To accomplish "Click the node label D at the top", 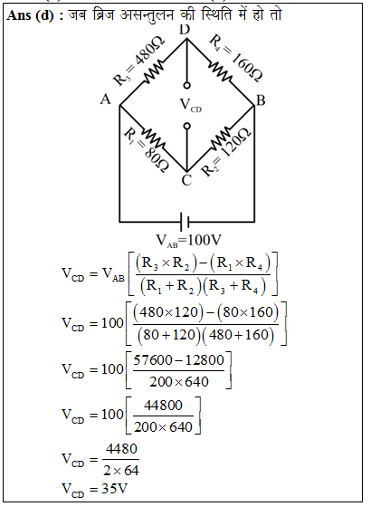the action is coord(185,30).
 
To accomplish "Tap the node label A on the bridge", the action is coord(105,99).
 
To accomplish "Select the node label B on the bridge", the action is coord(261,100).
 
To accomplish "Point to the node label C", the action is coord(186,180).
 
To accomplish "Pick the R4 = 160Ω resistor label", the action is coord(236,57).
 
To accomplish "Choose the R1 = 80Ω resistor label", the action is coord(147,150).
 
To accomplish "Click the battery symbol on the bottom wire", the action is coord(185,222).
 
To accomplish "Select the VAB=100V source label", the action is coord(188,241).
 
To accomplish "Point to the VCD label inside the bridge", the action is coord(191,105).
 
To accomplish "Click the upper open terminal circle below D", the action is coord(187,86).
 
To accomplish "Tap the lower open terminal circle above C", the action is coord(187,127).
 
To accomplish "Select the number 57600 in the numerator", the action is coord(153,360).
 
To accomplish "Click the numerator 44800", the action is coord(163,406).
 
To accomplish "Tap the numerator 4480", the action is coord(121,449).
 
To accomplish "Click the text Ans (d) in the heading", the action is coord(30,15).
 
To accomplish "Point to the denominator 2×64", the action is coord(121,471).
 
